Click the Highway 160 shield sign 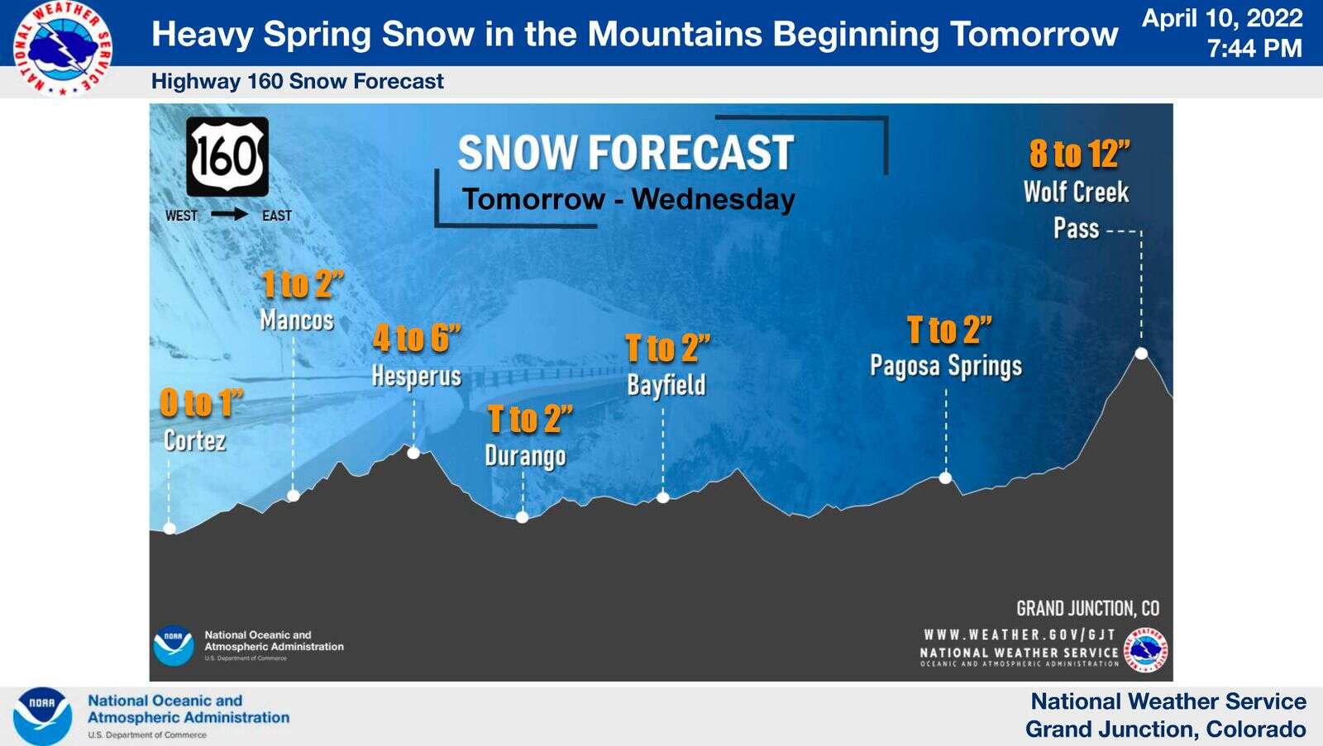coord(227,156)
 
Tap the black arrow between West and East coord(230,214)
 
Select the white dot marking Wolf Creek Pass coord(1141,353)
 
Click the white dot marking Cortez coord(170,528)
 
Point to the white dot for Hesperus coord(413,453)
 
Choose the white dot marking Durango coord(522,517)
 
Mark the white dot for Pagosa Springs coord(945,478)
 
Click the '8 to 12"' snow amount coord(1079,154)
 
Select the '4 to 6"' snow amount coord(417,338)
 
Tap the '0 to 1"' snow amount coord(202,403)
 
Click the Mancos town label coord(297,321)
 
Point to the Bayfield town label coord(666,386)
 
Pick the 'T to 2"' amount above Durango coord(530,419)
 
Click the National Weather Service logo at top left coord(62,49)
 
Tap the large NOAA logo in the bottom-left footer coord(42,716)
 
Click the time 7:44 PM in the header coord(1254,49)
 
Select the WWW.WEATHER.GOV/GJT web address coord(1020,634)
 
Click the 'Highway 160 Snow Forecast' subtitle coord(297,82)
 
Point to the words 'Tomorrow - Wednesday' coord(628,199)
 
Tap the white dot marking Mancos coord(293,495)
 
